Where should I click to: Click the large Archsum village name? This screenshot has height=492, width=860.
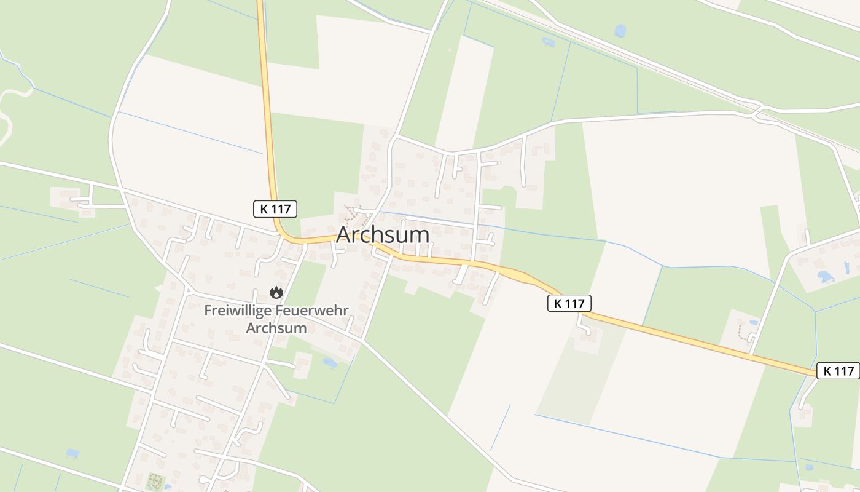tap(382, 235)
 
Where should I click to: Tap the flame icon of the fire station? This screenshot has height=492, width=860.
tap(276, 293)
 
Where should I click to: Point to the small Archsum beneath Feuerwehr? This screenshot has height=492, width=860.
tap(276, 328)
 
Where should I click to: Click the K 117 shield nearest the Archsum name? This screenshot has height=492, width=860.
tap(275, 209)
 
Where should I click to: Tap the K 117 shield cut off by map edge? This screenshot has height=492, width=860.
tap(838, 371)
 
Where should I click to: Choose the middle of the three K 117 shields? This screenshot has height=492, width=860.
tap(569, 303)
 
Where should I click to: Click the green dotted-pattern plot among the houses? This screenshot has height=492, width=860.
tap(154, 481)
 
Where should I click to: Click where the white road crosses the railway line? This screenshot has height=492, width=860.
tap(757, 111)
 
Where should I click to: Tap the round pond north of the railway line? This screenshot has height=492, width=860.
tap(620, 31)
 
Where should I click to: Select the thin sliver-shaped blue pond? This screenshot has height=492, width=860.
tap(846, 268)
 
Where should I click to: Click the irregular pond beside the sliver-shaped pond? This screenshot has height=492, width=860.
tap(826, 277)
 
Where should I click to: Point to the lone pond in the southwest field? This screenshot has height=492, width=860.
tap(72, 454)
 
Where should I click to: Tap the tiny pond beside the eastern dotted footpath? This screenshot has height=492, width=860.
tap(754, 322)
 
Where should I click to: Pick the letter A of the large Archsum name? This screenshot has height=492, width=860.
tap(345, 235)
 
